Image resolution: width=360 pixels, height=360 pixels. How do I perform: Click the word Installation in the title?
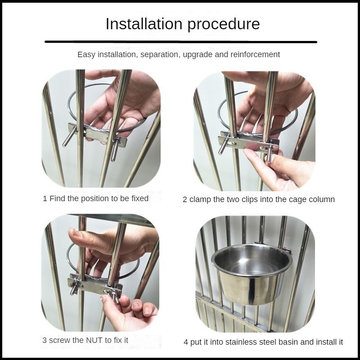click(x=144, y=24)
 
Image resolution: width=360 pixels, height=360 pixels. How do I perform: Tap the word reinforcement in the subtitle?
click(x=255, y=54)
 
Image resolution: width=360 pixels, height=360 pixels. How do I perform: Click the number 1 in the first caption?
click(x=45, y=198)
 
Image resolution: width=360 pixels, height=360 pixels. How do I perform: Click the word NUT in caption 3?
click(x=94, y=340)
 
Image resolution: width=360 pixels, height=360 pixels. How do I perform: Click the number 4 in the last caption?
click(x=186, y=342)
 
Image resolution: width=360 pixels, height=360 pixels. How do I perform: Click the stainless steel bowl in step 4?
click(x=252, y=274)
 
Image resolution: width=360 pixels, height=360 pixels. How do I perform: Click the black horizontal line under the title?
click(x=181, y=42)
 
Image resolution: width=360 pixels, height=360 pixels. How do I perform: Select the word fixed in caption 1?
click(x=140, y=198)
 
